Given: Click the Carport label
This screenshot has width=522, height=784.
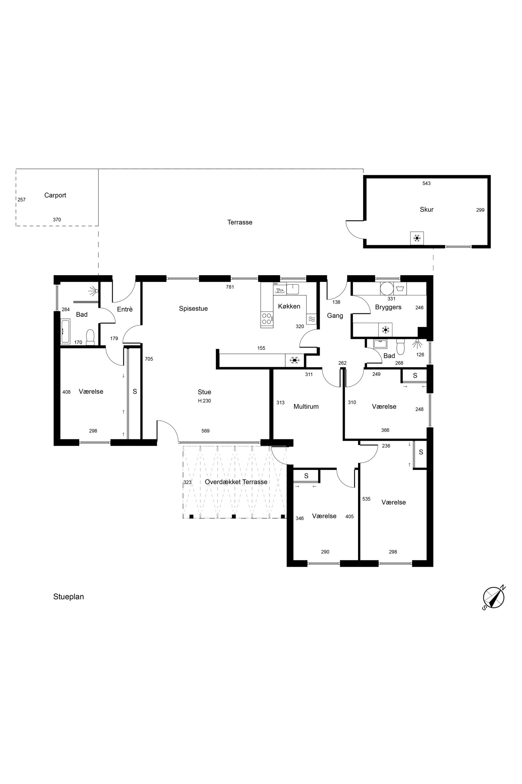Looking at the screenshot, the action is pos(55,195).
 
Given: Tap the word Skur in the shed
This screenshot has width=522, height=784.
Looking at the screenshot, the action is pos(426,209).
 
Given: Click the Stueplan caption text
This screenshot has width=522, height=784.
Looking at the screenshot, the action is pos(69,597).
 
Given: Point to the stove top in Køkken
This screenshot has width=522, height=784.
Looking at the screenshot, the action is pos(266,319).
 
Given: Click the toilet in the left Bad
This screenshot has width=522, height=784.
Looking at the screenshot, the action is pos(90,337).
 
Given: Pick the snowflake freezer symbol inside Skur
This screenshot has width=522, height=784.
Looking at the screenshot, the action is pos(417,238).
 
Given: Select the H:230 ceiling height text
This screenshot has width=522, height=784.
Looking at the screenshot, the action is pos(204,401).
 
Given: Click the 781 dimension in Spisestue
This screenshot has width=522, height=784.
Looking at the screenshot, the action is pos(230,287).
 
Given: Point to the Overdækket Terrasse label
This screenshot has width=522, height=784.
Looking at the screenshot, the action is pos(236,482).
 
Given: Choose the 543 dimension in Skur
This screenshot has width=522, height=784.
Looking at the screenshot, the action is pos(426,183).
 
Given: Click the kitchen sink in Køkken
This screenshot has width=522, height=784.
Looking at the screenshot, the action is pos(293,289).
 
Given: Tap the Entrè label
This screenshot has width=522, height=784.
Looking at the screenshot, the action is pos(125,309).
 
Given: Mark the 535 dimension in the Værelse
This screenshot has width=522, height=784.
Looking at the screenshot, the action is pos(366,499).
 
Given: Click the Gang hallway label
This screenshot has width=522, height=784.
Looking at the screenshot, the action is pos(335,316).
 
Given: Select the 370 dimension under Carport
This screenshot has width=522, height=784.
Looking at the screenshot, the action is pos(57,220).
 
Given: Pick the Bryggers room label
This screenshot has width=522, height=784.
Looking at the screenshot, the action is pos(388,307).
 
